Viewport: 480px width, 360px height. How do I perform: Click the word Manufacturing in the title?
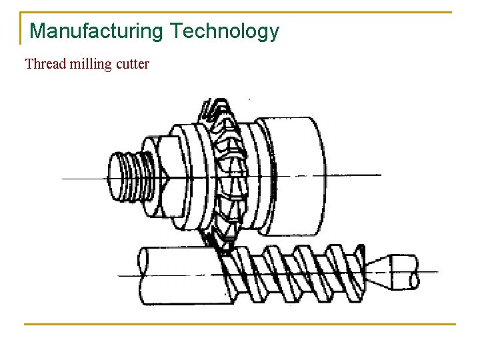coord(97,31)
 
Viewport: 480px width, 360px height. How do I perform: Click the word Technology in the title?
coord(224,31)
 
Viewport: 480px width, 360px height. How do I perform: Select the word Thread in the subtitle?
coord(45,65)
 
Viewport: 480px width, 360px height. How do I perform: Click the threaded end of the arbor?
coord(127,177)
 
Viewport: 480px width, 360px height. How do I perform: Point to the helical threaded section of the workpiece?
coord(293,273)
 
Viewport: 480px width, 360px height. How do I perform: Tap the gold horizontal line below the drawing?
coord(240,325)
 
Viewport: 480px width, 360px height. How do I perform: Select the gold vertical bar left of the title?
coord(21,28)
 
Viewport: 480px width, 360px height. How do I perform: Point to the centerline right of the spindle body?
coord(353,175)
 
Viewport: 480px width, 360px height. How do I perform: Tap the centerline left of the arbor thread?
coord(83,179)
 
